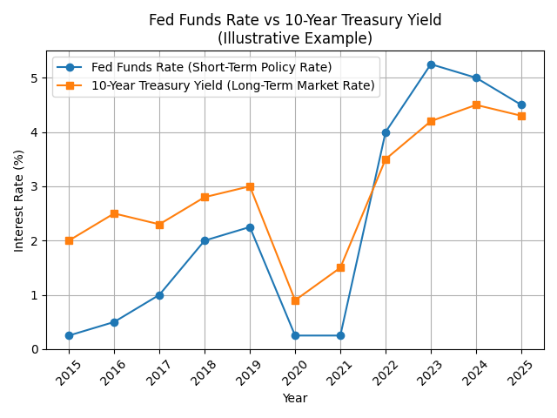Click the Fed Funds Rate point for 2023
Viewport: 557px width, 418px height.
[x=431, y=64]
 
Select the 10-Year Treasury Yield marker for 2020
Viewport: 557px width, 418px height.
[x=295, y=300]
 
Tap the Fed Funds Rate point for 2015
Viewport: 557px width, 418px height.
[x=69, y=335]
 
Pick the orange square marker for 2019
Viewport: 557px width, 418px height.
[x=250, y=186]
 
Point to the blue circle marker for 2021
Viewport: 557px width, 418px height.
[x=340, y=335]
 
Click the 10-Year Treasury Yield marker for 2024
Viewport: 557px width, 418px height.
[x=476, y=105]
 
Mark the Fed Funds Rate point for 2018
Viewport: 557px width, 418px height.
[x=205, y=240]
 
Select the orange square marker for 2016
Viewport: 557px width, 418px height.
[x=114, y=213]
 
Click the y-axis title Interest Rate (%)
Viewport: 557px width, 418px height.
[x=19, y=200]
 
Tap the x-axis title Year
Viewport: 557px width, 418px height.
[x=295, y=398]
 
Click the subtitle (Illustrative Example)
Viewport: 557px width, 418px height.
[x=295, y=38]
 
